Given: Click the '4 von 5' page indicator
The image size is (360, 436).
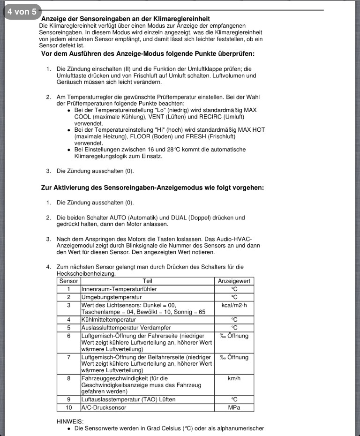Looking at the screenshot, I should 22,12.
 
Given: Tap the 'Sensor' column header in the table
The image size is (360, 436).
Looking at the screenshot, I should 68,281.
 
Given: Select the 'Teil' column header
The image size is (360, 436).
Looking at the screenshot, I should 147,281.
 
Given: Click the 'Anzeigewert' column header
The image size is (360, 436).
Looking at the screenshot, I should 234,281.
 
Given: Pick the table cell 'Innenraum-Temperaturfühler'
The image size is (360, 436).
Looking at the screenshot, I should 119,289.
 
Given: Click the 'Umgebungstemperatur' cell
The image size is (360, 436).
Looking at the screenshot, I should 112,297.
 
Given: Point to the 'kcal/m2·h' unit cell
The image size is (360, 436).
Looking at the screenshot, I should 234,305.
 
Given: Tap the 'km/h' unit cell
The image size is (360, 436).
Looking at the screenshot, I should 234,378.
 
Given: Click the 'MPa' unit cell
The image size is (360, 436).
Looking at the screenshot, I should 234,407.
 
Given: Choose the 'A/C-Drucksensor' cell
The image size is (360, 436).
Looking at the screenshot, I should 104,407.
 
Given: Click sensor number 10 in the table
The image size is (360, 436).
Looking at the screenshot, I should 68,407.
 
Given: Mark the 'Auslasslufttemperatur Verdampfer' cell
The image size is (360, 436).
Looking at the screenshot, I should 126,327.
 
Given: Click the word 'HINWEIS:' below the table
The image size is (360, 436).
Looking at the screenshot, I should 70,421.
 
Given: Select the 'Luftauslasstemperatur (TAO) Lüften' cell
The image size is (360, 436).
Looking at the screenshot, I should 128,399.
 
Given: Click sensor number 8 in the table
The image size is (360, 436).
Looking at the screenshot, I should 68,378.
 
